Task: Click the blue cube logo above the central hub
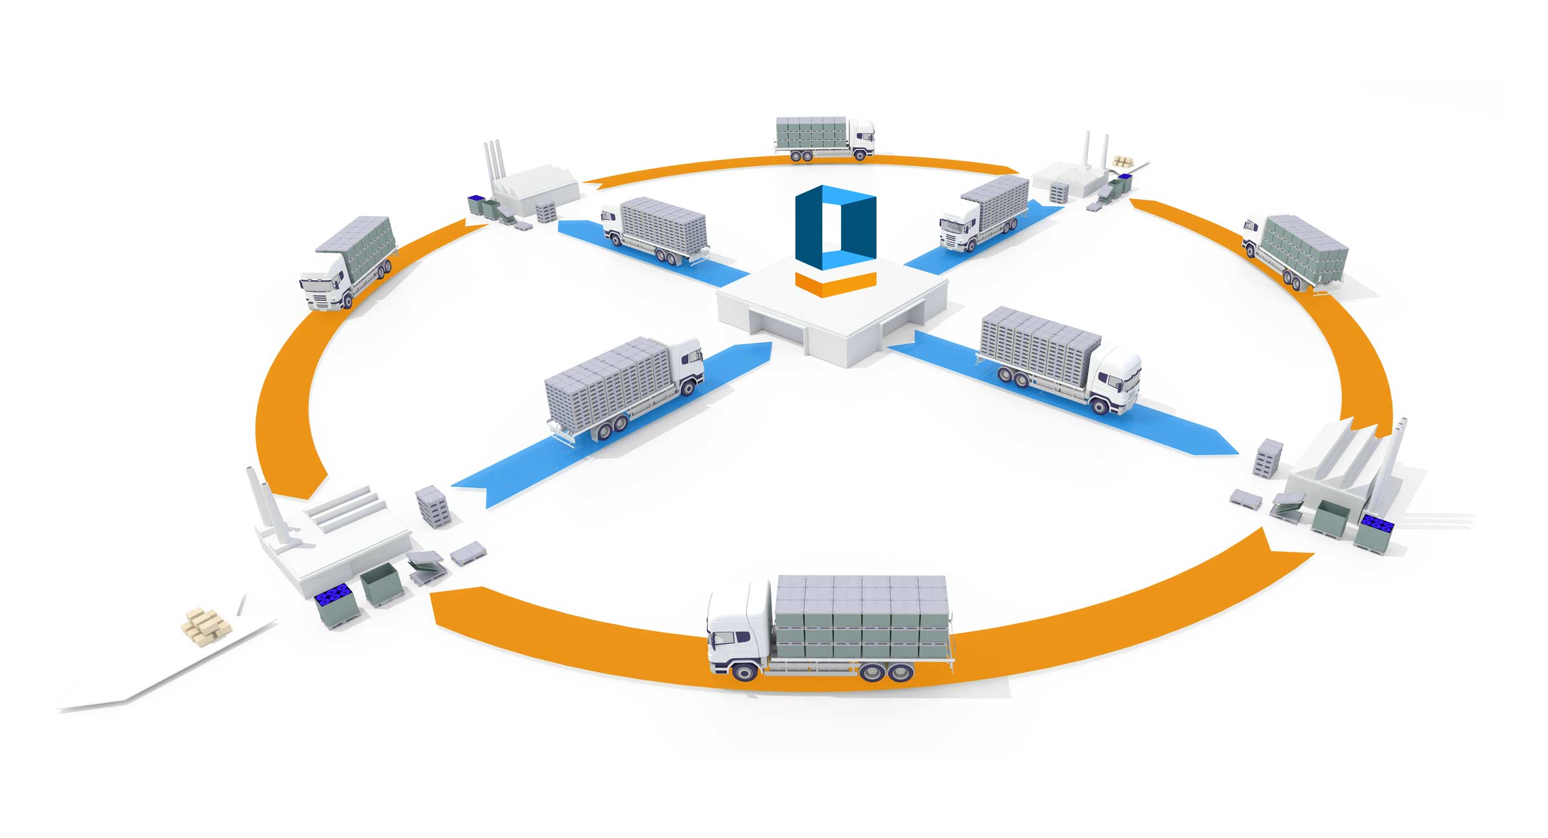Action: pos(835,226)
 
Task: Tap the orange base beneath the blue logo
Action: pos(835,284)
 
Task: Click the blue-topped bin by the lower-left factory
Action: pos(335,607)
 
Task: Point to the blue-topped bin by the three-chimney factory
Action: pos(477,204)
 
